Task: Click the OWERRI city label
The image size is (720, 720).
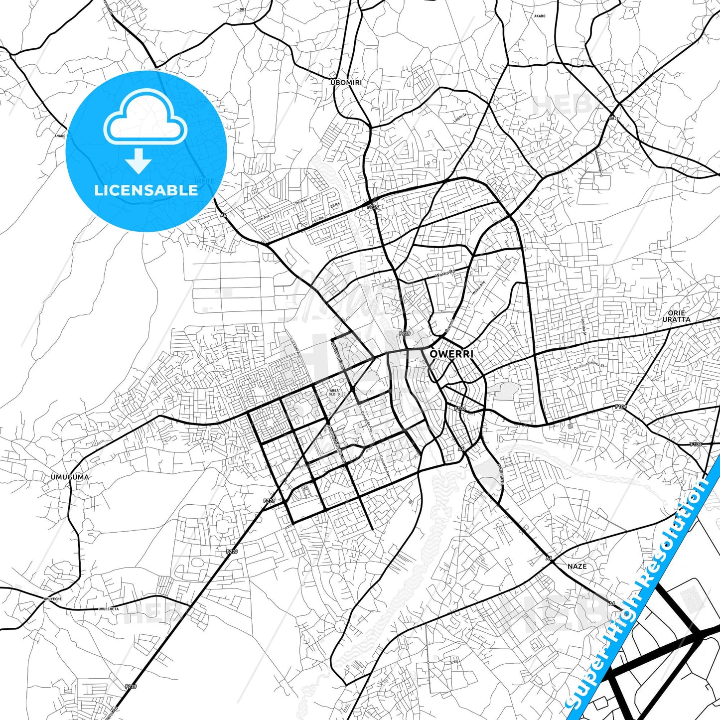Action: [451, 354]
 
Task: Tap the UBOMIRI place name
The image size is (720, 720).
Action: [346, 82]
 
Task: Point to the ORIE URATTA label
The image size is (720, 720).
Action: [676, 316]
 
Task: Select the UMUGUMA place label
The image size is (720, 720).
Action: [70, 477]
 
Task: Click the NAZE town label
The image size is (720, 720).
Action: [577, 566]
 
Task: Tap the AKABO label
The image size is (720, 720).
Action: [540, 16]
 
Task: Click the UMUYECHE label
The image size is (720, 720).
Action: [52, 598]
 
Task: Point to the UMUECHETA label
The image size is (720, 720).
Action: [108, 608]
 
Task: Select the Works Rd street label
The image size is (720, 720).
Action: [445, 274]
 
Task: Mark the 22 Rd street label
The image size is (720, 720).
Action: [334, 205]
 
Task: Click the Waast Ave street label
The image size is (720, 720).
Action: [479, 288]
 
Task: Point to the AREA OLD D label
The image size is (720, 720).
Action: [334, 393]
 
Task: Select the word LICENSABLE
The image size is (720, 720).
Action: [146, 190]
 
